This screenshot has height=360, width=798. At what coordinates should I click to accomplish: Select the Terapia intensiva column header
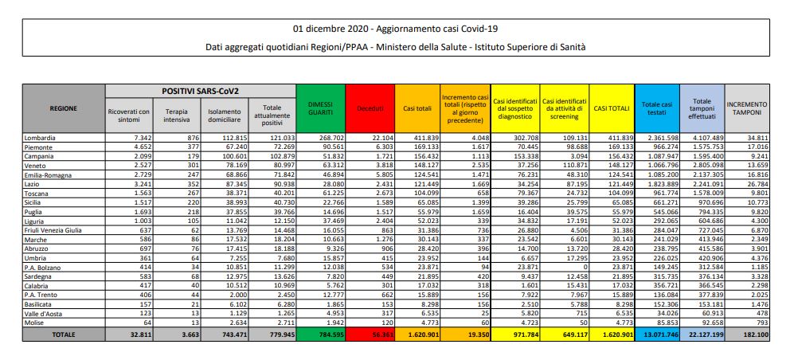point(176,115)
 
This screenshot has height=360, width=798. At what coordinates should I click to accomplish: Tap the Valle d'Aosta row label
point(46,315)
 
